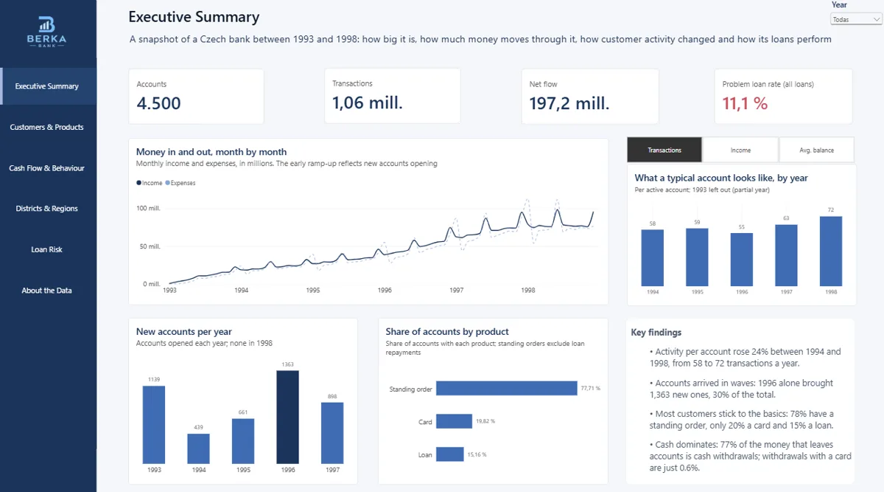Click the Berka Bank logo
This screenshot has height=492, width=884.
46,32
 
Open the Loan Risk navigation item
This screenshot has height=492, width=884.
46,249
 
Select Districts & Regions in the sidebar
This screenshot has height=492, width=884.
46,208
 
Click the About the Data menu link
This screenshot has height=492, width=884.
46,291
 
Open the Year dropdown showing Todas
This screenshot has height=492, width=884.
855,19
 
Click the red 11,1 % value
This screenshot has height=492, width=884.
745,103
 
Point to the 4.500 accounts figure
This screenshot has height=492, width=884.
158,103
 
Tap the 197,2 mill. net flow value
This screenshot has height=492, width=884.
569,103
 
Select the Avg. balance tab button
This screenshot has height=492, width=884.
816,150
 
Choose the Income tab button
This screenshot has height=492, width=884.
740,150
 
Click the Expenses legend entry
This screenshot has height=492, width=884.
180,183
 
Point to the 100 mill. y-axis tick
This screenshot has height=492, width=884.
148,208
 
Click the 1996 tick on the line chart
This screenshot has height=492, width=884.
385,291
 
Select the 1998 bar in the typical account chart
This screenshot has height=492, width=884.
831,252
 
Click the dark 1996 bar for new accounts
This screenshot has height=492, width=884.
288,417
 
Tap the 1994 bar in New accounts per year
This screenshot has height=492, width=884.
198,449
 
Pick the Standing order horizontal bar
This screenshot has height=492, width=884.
507,388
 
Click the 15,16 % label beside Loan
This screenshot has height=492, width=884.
477,455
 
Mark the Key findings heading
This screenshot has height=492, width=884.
656,333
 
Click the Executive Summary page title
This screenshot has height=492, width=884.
194,17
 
